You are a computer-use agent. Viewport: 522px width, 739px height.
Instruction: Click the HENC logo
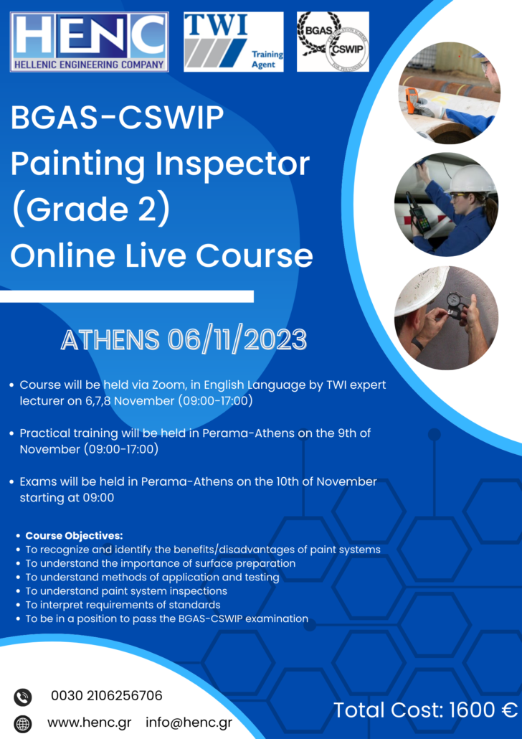[x=89, y=41]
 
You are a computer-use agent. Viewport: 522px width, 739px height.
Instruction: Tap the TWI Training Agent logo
[x=234, y=41]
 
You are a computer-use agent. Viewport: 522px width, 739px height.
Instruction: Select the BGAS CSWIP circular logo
[x=333, y=41]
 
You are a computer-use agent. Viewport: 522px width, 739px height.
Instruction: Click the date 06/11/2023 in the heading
[x=237, y=339]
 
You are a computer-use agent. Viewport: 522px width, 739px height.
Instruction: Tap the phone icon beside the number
[x=23, y=697]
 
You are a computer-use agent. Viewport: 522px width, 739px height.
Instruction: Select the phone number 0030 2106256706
[x=106, y=696]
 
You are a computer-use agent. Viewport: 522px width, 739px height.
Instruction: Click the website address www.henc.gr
[x=92, y=722]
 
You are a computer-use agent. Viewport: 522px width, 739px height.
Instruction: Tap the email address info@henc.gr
[x=189, y=722]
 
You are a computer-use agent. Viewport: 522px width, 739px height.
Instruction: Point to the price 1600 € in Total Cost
[x=483, y=710]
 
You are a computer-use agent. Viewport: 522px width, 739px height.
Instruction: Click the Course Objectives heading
[x=74, y=536]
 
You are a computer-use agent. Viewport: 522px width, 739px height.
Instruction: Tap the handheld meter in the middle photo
[x=418, y=212]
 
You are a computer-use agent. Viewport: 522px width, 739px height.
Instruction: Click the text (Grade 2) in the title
[x=90, y=210]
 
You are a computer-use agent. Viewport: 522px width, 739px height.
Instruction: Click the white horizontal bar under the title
[x=127, y=296]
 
